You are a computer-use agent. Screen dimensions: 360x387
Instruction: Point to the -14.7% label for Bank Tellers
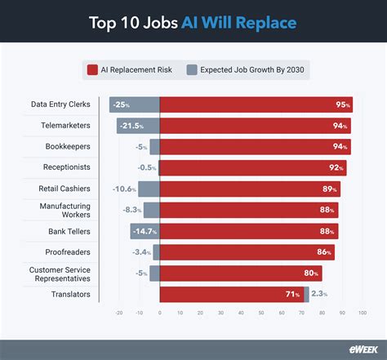pos(145,232)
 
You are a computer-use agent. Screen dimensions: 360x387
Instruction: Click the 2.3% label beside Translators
pos(318,295)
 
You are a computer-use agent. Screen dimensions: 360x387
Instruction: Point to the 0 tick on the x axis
pos(160,313)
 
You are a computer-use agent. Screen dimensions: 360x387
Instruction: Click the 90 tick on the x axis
pos(341,313)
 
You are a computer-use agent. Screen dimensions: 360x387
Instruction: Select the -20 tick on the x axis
pos(119,313)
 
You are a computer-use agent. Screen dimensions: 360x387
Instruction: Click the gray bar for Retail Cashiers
pos(149,189)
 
